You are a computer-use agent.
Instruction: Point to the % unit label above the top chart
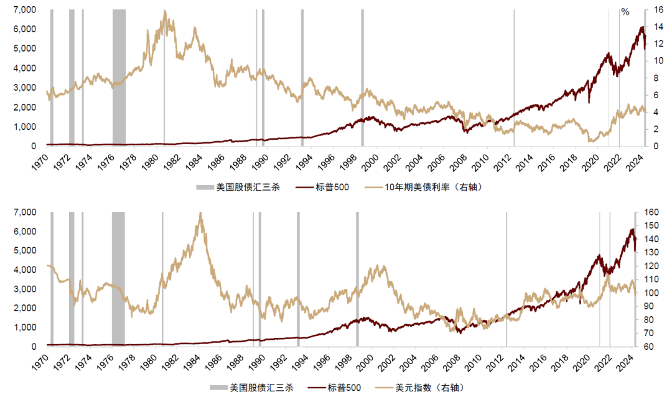coord(625,12)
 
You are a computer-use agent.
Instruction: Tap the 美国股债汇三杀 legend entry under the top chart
coord(240,188)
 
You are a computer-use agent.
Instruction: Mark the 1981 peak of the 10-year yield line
coord(164,11)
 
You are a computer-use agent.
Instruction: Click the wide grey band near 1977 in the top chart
coord(119,78)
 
